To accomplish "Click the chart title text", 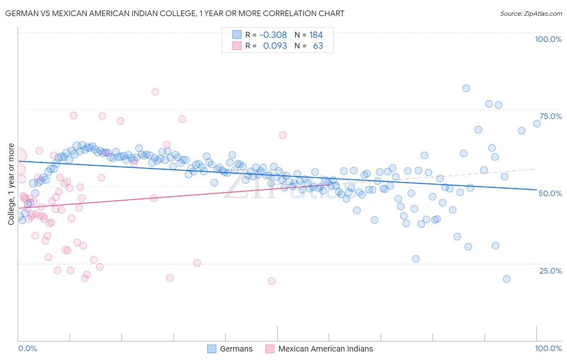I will point(175,13).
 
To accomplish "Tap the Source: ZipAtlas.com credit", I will point(531,13).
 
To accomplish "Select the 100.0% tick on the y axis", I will point(548,39).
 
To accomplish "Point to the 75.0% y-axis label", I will point(550,116).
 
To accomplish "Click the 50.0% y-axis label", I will point(550,193).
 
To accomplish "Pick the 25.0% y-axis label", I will point(550,270).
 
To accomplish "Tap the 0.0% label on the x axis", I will point(27,348).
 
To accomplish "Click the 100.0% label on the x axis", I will point(548,348).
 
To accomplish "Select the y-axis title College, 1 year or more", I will point(11,184).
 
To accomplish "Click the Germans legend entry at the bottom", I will point(236,349).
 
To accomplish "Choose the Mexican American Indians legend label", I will point(325,349).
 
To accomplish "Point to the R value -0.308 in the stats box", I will point(273,35).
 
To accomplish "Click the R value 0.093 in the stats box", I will point(275,46).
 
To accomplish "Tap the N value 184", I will point(316,35).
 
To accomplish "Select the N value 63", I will point(318,46).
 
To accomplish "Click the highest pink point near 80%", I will point(155,92).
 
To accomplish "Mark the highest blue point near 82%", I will point(466,88).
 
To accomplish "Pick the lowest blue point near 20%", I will point(507,279).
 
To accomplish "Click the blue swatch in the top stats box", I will point(237,35).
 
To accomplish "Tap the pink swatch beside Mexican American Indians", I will point(269,349).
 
